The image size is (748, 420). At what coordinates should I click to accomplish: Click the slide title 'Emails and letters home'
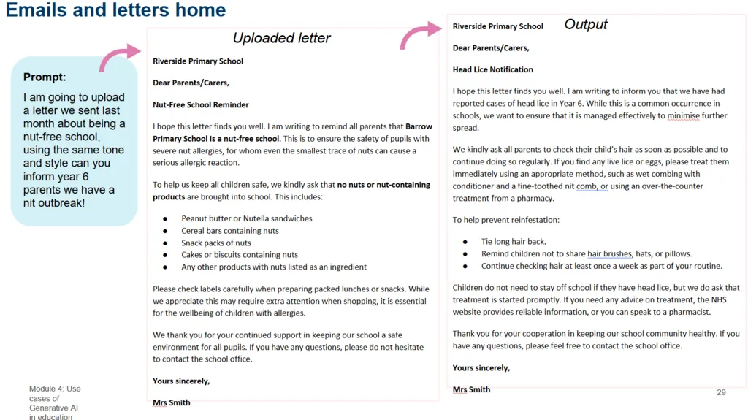tap(116, 10)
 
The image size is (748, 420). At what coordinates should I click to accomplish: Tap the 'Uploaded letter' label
tap(281, 38)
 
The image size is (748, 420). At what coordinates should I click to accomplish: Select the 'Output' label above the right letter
tap(586, 25)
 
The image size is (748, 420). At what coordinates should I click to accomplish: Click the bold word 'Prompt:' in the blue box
tap(45, 77)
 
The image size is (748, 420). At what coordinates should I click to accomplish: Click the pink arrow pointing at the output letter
tap(420, 34)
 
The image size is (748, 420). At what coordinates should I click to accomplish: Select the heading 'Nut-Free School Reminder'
tap(201, 104)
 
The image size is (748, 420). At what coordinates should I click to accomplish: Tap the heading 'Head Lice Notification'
tap(493, 69)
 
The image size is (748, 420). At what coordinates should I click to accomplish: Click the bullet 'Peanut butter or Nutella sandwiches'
tap(246, 218)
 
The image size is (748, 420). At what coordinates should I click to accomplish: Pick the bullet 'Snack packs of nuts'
tap(215, 243)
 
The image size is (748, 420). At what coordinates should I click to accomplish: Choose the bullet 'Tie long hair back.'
tap(514, 241)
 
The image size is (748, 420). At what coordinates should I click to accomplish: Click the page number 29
tap(721, 392)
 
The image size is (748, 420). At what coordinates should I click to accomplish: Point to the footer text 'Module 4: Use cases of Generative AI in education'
tap(55, 402)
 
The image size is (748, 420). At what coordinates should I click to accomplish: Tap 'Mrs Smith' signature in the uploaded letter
tap(171, 402)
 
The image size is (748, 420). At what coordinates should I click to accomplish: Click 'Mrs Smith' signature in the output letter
tap(471, 389)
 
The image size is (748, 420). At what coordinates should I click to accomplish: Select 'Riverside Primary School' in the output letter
tap(497, 26)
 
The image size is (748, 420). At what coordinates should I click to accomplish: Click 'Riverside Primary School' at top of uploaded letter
tap(198, 61)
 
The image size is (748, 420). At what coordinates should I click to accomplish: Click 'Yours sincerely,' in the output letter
tap(481, 367)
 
